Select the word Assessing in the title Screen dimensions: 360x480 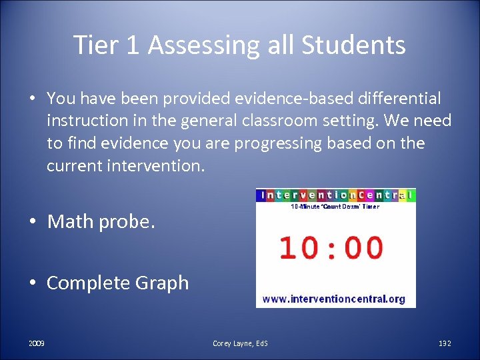[198, 45]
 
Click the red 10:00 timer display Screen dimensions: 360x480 [331, 247]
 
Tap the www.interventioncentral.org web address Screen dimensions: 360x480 [334, 299]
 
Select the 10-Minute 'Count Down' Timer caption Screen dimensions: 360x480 [335, 207]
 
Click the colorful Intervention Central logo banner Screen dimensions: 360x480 [336, 195]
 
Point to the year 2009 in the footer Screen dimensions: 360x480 [37, 343]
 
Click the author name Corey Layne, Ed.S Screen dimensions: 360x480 [240, 343]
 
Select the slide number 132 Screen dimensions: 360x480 [445, 343]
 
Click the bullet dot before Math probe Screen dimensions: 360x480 [32, 222]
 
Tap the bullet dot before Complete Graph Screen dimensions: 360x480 [32, 283]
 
